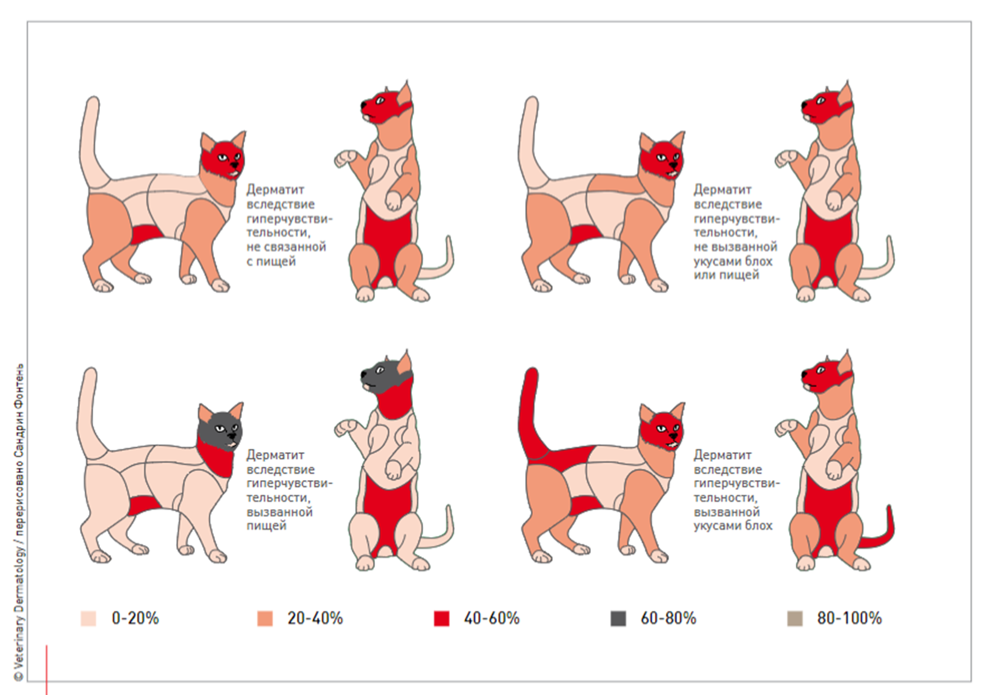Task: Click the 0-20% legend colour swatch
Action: point(88,619)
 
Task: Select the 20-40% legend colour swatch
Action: point(265,619)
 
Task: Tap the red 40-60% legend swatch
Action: point(441,619)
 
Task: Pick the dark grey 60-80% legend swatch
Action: point(618,619)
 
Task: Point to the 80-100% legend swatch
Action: point(794,619)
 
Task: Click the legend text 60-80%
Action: point(668,619)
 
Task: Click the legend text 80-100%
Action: point(849,619)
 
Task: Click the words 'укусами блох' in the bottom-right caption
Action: point(733,525)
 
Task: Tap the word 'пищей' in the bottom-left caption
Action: point(266,525)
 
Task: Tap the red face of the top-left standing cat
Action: point(221,157)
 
